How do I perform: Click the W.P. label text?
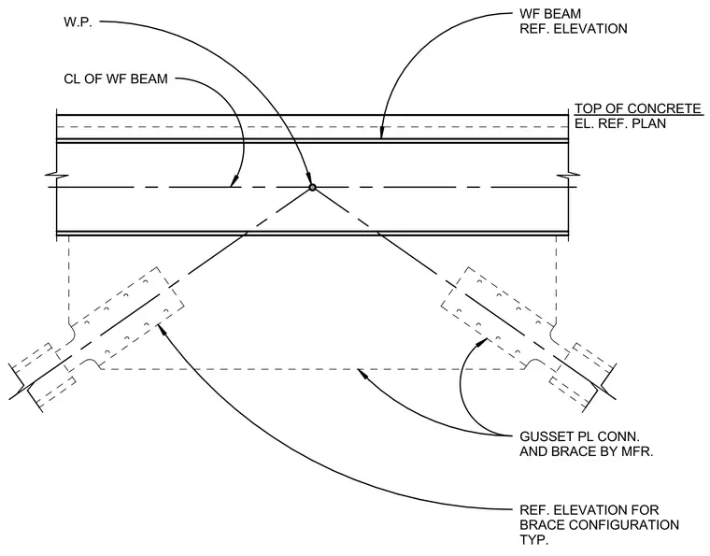pos(78,22)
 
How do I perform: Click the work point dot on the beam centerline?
pos(312,187)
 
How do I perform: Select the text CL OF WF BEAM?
pos(116,78)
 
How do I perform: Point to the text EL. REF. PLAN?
pos(620,123)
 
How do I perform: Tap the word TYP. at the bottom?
pos(533,540)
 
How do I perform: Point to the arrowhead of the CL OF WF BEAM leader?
pos(234,181)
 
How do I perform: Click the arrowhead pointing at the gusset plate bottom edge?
pos(362,374)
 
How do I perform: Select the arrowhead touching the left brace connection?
pos(163,329)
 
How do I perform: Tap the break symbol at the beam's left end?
pos(57,176)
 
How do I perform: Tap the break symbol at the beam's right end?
pos(569,176)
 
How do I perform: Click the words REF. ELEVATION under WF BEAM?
pos(574,29)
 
